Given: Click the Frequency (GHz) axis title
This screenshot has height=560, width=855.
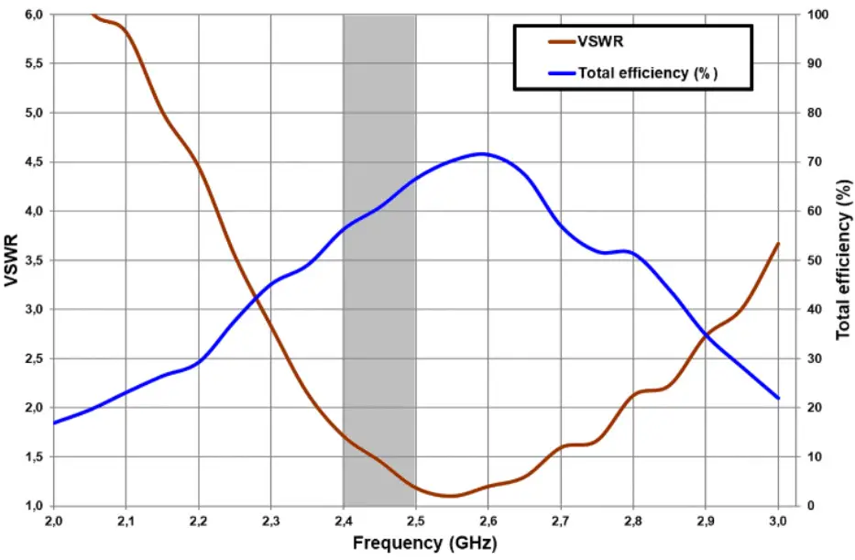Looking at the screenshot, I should (x=424, y=544).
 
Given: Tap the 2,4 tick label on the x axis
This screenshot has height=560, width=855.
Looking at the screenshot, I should (x=343, y=521).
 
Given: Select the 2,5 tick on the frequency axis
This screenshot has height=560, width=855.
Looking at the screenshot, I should (x=415, y=521).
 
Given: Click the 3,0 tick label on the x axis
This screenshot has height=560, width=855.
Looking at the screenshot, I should (x=777, y=521).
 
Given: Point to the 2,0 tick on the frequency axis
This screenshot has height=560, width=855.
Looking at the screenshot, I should (x=54, y=521).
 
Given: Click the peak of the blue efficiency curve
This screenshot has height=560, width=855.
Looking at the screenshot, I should (x=482, y=154).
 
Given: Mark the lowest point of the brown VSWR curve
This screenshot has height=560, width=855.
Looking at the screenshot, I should (x=450, y=496).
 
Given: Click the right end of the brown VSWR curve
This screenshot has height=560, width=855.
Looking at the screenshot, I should (x=778, y=244).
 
